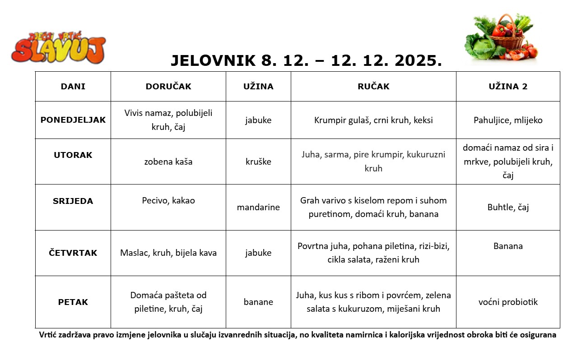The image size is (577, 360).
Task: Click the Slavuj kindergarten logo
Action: click(59, 47)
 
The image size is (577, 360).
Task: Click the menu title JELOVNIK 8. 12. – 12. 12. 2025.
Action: click(306, 60)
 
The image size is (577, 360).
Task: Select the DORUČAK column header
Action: click(168, 87)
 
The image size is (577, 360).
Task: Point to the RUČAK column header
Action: click(373, 87)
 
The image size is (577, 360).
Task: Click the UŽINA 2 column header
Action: click(508, 87)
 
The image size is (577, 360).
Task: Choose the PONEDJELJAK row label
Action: click(73, 120)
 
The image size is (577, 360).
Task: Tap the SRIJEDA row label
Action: click(73, 201)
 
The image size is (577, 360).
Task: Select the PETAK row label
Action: click(73, 302)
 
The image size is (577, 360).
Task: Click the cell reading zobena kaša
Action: click(168, 162)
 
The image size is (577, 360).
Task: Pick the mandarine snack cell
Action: click(258, 208)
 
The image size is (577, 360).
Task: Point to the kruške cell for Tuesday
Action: click(258, 162)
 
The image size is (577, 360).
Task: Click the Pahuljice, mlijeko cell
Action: click(508, 120)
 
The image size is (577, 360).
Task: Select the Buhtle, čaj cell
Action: click(508, 208)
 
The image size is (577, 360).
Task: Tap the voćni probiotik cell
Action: click(508, 302)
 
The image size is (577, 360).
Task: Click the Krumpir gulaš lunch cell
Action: click(373, 120)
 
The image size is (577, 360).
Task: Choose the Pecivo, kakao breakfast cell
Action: click(168, 201)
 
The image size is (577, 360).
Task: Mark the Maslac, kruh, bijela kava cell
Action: click(168, 253)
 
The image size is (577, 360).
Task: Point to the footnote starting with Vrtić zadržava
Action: click(298, 335)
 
